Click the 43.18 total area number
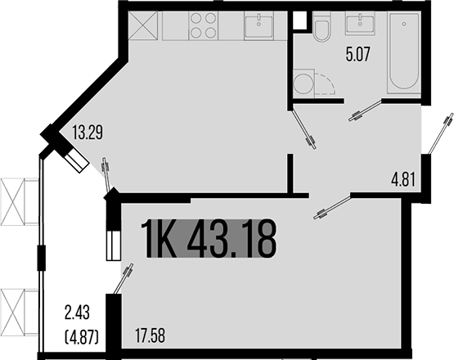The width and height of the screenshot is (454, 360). (x=231, y=238)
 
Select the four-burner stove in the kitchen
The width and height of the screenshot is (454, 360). (x=204, y=26)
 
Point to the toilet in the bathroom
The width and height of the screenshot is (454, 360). (x=321, y=29)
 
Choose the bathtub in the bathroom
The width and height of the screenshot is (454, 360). (x=404, y=53)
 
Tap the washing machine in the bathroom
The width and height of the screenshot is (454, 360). (x=303, y=83)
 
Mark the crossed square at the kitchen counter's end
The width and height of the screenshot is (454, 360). (x=145, y=26)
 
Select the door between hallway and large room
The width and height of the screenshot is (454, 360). (x=331, y=206)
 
